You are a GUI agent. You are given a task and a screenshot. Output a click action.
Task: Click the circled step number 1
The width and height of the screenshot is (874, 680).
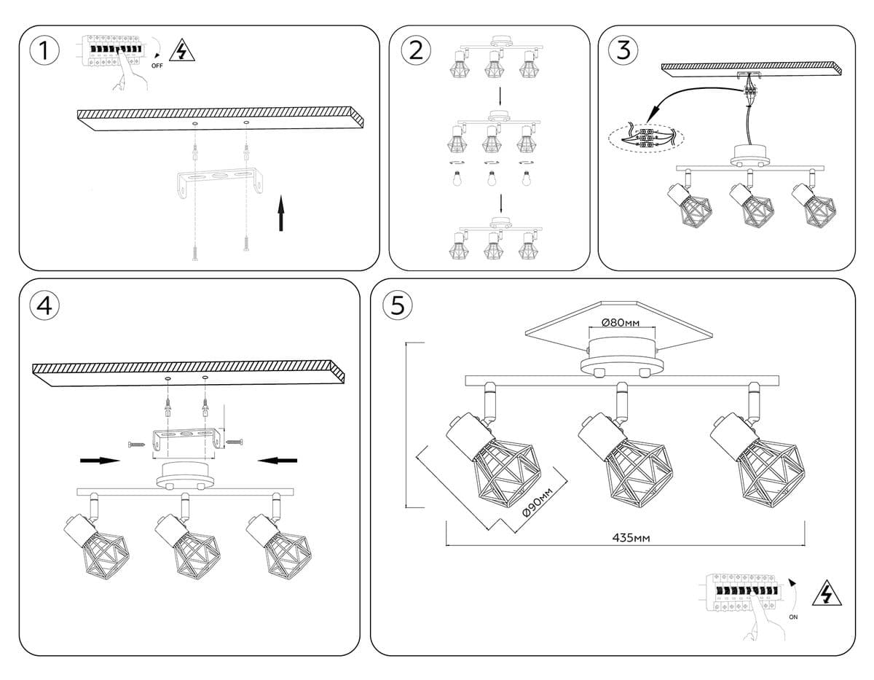(44, 51)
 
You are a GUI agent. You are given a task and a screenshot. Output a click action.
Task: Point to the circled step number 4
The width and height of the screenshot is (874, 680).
(44, 305)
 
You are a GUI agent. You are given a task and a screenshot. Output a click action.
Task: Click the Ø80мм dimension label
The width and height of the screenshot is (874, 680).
(621, 322)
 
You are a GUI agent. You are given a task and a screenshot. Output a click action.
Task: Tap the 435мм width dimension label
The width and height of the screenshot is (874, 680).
(631, 538)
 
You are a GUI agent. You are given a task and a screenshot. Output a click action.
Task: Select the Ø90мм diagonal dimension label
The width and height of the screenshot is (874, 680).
(538, 501)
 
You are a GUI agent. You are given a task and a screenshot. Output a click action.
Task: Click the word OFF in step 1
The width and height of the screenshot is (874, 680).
(157, 66)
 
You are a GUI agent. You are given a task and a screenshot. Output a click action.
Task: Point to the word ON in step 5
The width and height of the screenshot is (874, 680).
(793, 617)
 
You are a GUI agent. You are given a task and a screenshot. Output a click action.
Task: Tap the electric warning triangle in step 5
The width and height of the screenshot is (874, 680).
(826, 594)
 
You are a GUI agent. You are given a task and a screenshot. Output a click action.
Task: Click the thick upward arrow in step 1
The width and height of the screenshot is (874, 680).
(281, 213)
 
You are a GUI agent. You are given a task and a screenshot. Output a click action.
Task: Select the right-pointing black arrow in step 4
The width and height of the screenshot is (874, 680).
(100, 460)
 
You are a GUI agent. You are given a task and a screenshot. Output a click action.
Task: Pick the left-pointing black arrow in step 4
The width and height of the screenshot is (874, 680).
(277, 460)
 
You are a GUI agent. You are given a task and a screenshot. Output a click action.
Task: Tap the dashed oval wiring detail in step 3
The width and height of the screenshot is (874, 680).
(646, 137)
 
